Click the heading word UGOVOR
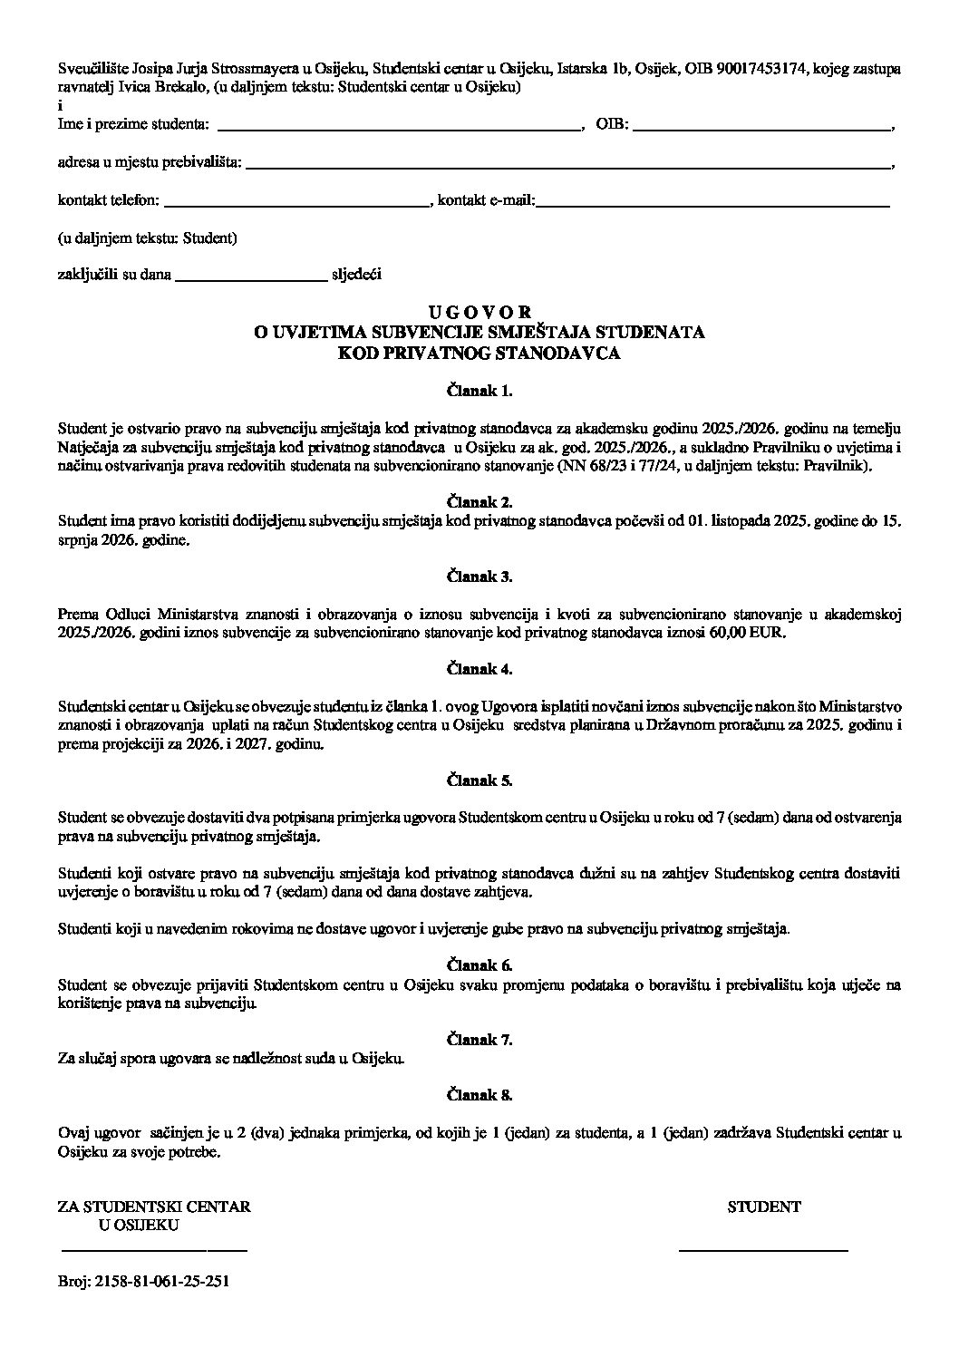(479, 313)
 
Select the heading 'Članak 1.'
(479, 392)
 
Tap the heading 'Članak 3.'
(479, 577)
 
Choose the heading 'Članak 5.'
(479, 780)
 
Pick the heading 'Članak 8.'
(479, 1095)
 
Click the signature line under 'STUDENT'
(763, 1251)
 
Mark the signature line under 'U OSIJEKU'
(154, 1251)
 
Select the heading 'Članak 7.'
(479, 1040)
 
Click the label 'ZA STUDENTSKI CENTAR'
(154, 1207)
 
